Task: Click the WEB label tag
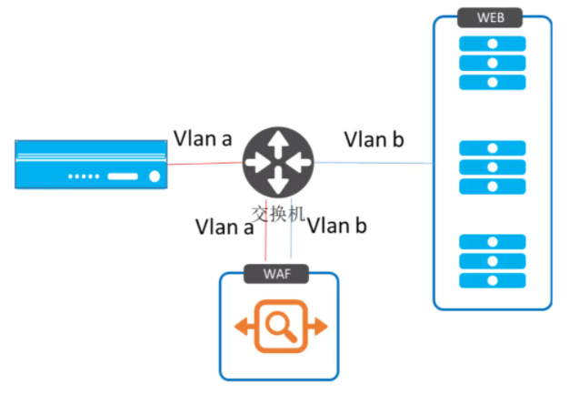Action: click(x=492, y=17)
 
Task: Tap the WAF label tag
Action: click(x=277, y=273)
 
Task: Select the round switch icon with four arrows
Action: click(x=278, y=161)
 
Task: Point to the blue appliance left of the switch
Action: click(x=92, y=164)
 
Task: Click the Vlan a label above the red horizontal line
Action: click(x=203, y=139)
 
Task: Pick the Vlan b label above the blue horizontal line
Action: click(x=374, y=139)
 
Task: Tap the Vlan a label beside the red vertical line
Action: click(x=225, y=227)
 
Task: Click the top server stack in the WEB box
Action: click(x=492, y=63)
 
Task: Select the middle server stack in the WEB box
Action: click(x=492, y=167)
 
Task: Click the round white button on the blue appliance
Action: click(x=155, y=177)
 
